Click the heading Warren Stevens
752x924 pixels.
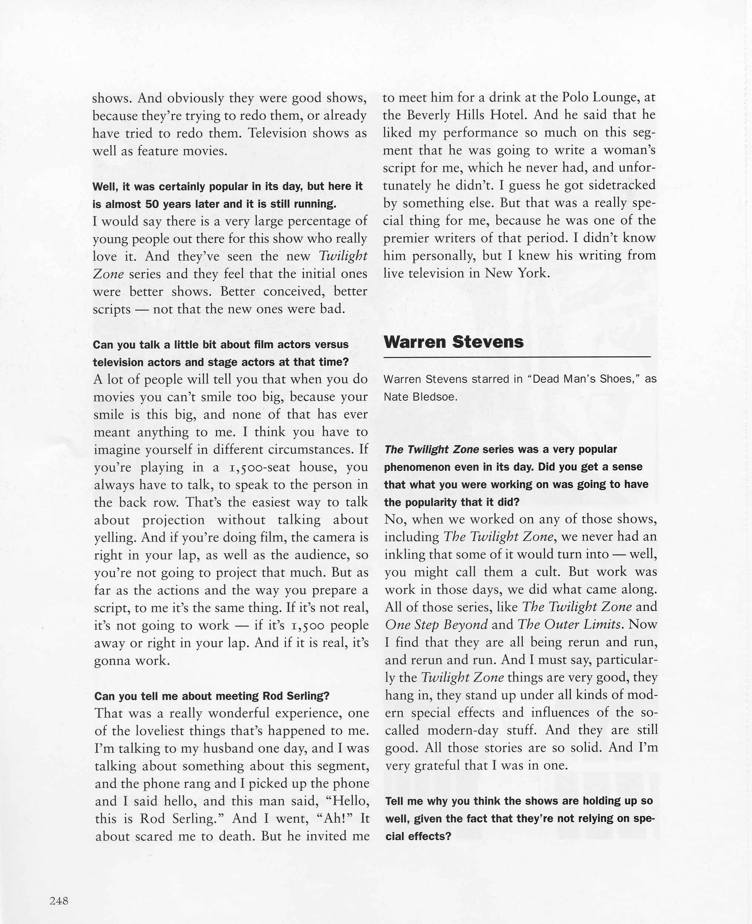pyautogui.click(x=453, y=342)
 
